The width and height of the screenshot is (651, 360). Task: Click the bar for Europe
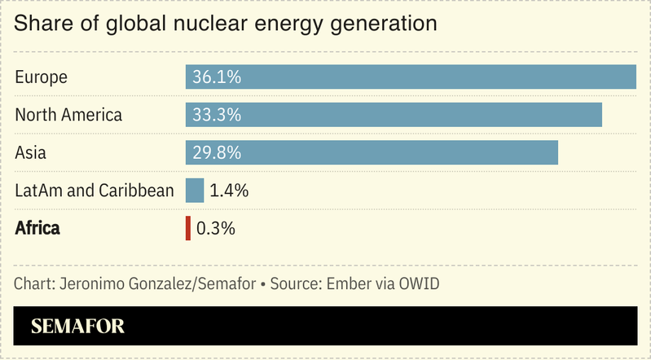(x=411, y=77)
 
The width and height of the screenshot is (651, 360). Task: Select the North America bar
(x=394, y=115)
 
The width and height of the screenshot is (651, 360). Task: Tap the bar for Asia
(x=372, y=152)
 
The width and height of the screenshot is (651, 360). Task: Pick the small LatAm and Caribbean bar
(x=195, y=191)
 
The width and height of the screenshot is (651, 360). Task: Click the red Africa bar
(x=188, y=228)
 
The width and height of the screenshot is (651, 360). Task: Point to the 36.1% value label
(x=217, y=77)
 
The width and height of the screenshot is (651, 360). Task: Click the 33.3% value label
(x=217, y=115)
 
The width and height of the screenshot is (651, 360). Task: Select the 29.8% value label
(x=217, y=152)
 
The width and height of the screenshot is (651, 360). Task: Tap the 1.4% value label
(x=228, y=191)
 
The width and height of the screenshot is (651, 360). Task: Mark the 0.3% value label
(x=216, y=228)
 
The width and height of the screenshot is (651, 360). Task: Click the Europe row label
(x=41, y=77)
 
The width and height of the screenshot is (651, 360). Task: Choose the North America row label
(x=68, y=115)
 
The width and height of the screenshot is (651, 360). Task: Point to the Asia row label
(x=31, y=152)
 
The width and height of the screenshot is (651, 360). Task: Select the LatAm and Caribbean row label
(x=95, y=191)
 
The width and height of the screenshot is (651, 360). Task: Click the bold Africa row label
(x=37, y=228)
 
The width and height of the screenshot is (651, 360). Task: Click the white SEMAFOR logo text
(x=77, y=327)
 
